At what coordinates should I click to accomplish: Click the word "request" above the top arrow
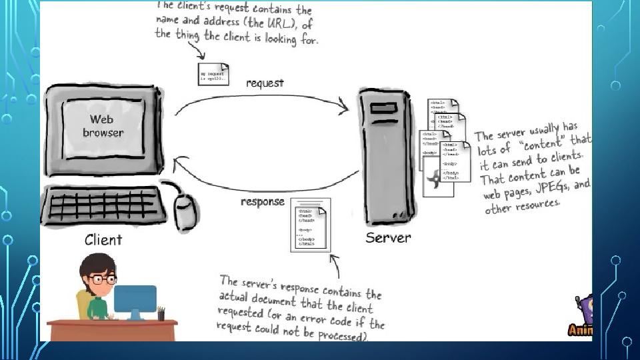coord(265,83)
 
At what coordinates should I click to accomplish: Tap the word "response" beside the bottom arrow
coord(262,202)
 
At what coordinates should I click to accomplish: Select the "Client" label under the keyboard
coord(103,239)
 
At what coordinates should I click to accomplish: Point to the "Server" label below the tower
coord(388,237)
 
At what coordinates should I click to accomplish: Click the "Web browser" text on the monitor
coord(103,126)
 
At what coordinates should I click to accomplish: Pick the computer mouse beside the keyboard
coord(187,211)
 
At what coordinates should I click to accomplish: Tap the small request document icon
coord(213,74)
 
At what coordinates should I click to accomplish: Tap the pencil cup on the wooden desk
coord(161,313)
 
